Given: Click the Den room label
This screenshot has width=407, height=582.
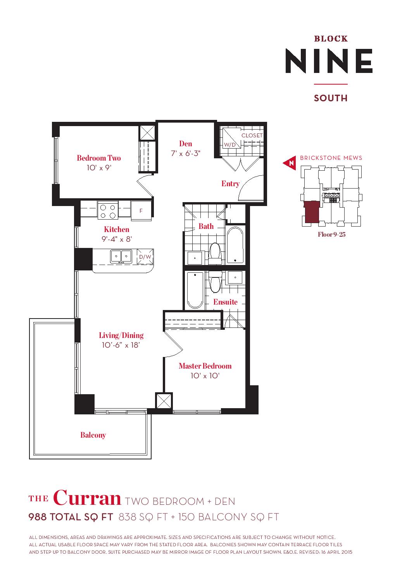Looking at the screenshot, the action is pos(186,144).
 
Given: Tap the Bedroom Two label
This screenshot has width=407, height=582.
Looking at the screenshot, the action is pos(99,158).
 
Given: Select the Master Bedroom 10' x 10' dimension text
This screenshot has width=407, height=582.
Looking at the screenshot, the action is pos(205,376).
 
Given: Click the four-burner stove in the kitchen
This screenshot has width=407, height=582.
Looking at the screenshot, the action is pos(108,211).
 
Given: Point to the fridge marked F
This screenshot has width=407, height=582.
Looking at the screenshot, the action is pos(141,211).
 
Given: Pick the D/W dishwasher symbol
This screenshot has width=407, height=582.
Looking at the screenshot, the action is pos(145,257).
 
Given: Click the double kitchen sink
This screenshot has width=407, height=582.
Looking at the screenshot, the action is pos(121,257).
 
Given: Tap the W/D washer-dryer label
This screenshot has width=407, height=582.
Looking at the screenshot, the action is pos(230,145).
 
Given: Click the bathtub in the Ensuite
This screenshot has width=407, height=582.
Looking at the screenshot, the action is pos(195,290).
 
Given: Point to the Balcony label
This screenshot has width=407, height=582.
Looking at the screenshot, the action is pos(93,435).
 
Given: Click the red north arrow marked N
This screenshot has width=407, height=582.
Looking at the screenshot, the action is pos(290,163).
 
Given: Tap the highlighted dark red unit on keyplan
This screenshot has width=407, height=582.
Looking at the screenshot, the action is pos(312,212).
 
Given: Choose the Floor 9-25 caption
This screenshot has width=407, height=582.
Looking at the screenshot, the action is pos(332,234).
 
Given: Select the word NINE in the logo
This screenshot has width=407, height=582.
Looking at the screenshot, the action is pos(329,61).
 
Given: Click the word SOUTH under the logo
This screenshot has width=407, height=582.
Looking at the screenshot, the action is pos(331,98).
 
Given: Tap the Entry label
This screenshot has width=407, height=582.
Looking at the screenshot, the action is pos(231,184).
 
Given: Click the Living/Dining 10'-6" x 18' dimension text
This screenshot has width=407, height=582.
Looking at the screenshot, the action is pos(121,345).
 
